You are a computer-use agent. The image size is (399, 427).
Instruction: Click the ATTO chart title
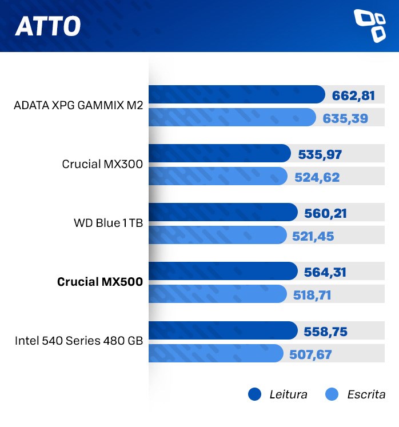47,26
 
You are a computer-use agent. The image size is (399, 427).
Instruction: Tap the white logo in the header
370,26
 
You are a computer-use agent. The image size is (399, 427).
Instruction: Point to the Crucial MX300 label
102,164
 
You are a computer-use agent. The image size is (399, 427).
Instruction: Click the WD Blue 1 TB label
108,223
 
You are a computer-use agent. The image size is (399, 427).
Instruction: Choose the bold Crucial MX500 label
99,282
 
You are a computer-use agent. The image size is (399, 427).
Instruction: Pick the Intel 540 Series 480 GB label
78,341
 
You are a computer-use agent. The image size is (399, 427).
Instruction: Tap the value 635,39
345,119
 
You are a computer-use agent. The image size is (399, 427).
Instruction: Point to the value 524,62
317,178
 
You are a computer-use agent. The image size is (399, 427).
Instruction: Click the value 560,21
325,214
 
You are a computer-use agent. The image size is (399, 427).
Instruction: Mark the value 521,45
313,237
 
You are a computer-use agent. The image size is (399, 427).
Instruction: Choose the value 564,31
325,273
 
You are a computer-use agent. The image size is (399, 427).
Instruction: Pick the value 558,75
325,332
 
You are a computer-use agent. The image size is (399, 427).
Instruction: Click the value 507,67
310,355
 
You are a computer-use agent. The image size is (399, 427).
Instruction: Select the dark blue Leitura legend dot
254,394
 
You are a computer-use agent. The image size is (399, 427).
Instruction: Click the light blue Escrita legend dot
332,394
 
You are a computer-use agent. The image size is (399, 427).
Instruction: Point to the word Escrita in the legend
366,394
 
